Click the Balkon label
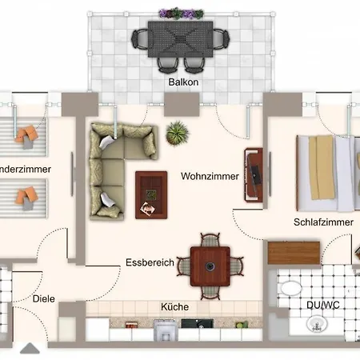point(182,82)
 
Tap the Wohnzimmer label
point(210,176)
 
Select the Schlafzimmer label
point(322,222)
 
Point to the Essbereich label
point(150,262)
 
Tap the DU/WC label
point(322,305)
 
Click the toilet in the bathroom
point(290,289)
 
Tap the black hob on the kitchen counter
point(194,326)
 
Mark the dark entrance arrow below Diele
point(30,349)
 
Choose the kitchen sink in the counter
point(166,330)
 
